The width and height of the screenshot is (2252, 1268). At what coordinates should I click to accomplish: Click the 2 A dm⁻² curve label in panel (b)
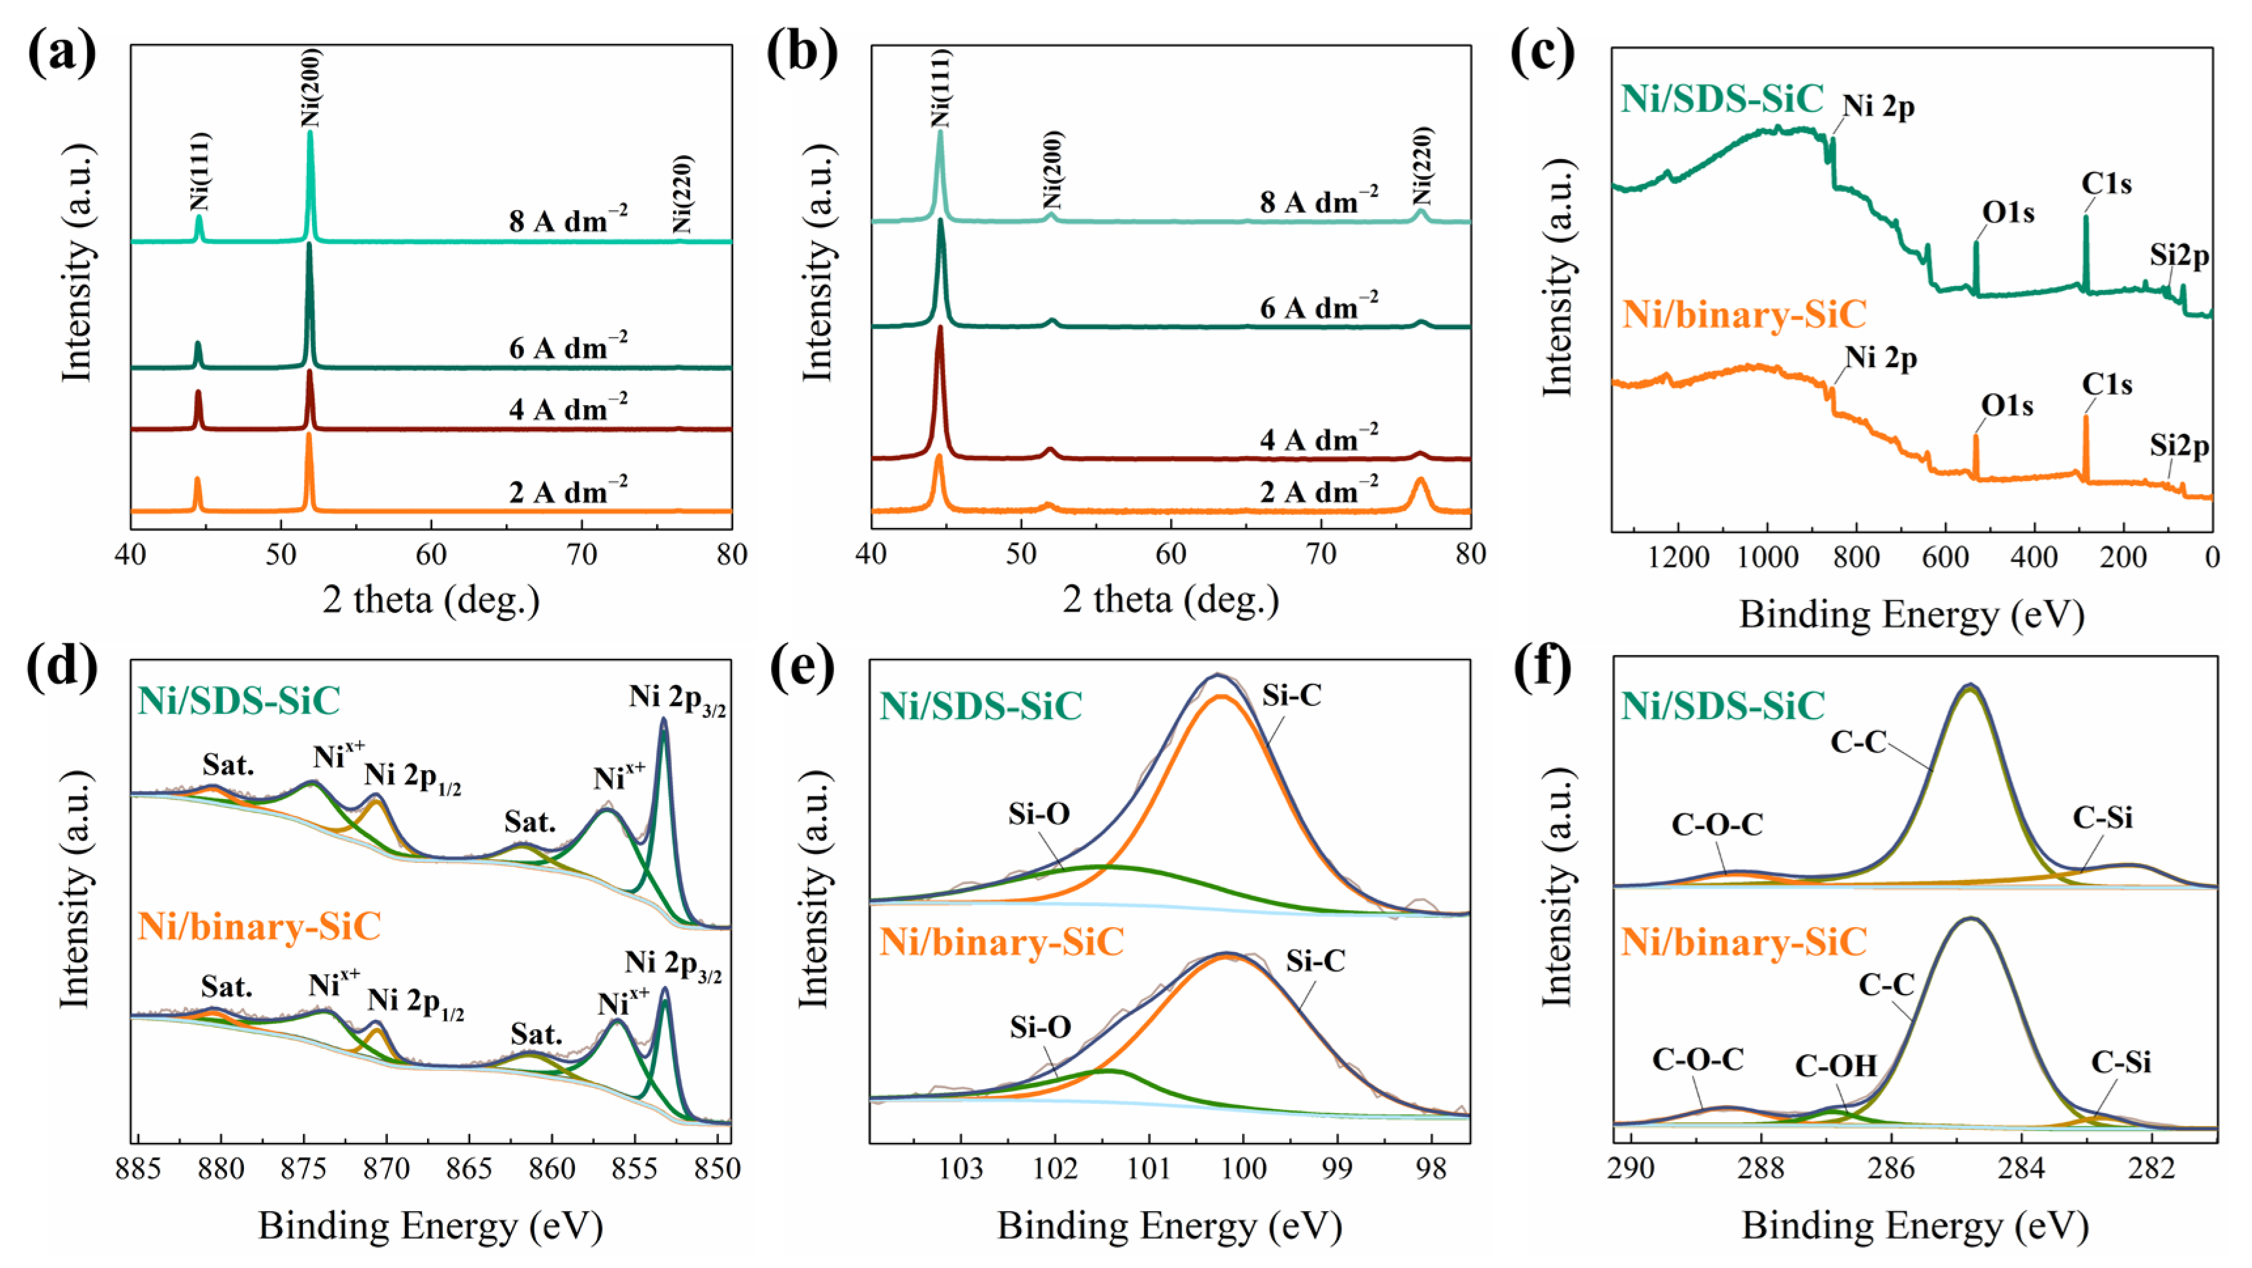coord(1319,491)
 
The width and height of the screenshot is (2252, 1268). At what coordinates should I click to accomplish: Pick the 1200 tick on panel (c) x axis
coord(1678,557)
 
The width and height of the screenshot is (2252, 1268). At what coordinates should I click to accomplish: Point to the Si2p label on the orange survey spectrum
coord(2179,446)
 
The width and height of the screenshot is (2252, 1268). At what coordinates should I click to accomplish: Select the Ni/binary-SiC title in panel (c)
coord(1744,313)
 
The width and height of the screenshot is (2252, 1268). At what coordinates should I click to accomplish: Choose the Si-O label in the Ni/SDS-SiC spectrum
coord(1039,814)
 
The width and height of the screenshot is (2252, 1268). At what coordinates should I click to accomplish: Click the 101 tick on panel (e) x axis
coord(1149,1169)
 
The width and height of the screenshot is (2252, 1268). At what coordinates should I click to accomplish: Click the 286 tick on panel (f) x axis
coord(1891,1169)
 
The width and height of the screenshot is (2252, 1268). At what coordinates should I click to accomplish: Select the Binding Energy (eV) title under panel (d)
coord(430,1226)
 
